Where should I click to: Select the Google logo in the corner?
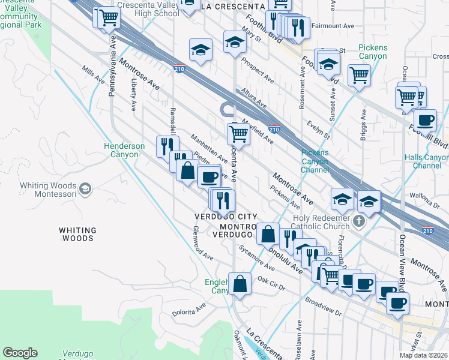tap(20, 353)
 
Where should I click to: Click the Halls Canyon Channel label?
tap(427, 161)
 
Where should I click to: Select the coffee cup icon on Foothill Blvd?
tap(425, 119)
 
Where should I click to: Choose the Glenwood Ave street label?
tap(203, 242)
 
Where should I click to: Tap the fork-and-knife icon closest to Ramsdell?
tap(167, 146)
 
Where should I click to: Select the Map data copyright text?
tap(423, 355)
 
